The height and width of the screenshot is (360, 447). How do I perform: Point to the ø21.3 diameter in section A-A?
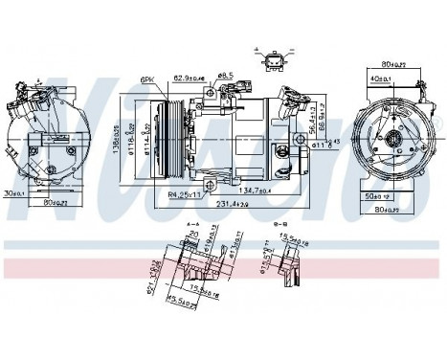[153, 282]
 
